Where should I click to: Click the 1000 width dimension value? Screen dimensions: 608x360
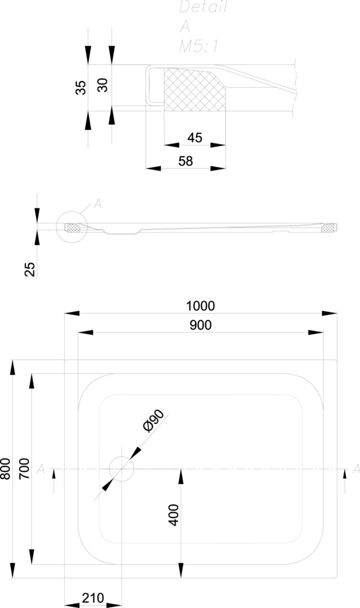point(200,306)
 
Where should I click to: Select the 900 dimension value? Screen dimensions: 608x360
point(200,325)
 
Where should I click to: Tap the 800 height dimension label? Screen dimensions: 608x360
point(5,468)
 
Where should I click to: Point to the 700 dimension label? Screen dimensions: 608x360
point(24,468)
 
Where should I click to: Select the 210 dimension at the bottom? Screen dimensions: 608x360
point(93,598)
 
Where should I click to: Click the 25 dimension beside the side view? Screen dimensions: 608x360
point(30,269)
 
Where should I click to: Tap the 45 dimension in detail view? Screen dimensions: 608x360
point(195,137)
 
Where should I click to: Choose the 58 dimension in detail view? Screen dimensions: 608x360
point(186,161)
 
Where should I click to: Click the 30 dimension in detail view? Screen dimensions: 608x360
point(102,85)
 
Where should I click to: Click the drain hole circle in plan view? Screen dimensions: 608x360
point(121,468)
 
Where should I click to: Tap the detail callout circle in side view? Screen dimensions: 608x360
point(72,227)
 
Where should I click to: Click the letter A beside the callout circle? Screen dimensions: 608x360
point(97,204)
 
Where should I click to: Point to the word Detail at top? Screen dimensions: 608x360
point(202,7)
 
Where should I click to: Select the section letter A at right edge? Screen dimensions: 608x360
point(355,469)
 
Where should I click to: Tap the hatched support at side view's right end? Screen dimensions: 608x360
point(328,228)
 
